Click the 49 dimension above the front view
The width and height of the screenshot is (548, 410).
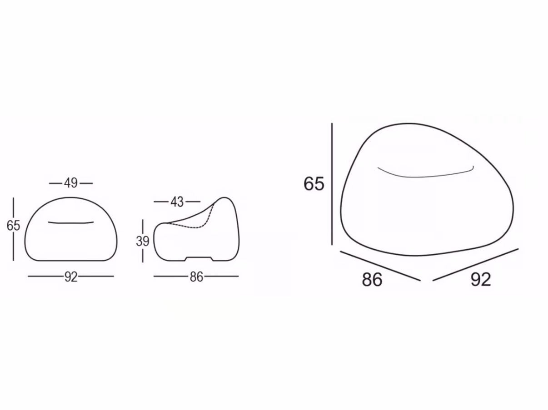pyautogui.click(x=70, y=183)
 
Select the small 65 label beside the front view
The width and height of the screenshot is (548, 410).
pyautogui.click(x=13, y=226)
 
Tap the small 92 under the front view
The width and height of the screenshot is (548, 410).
pyautogui.click(x=71, y=277)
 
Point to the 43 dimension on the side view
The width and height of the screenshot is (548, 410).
pyautogui.click(x=177, y=202)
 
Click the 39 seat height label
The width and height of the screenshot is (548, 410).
pyautogui.click(x=143, y=241)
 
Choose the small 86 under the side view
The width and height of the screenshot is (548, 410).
pyautogui.click(x=196, y=277)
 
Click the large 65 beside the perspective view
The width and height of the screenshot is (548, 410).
pyautogui.click(x=314, y=184)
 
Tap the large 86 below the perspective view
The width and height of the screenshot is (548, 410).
pyautogui.click(x=372, y=279)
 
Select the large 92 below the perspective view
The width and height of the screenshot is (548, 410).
pyautogui.click(x=481, y=279)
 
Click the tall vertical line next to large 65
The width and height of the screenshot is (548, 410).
pyautogui.click(x=332, y=184)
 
